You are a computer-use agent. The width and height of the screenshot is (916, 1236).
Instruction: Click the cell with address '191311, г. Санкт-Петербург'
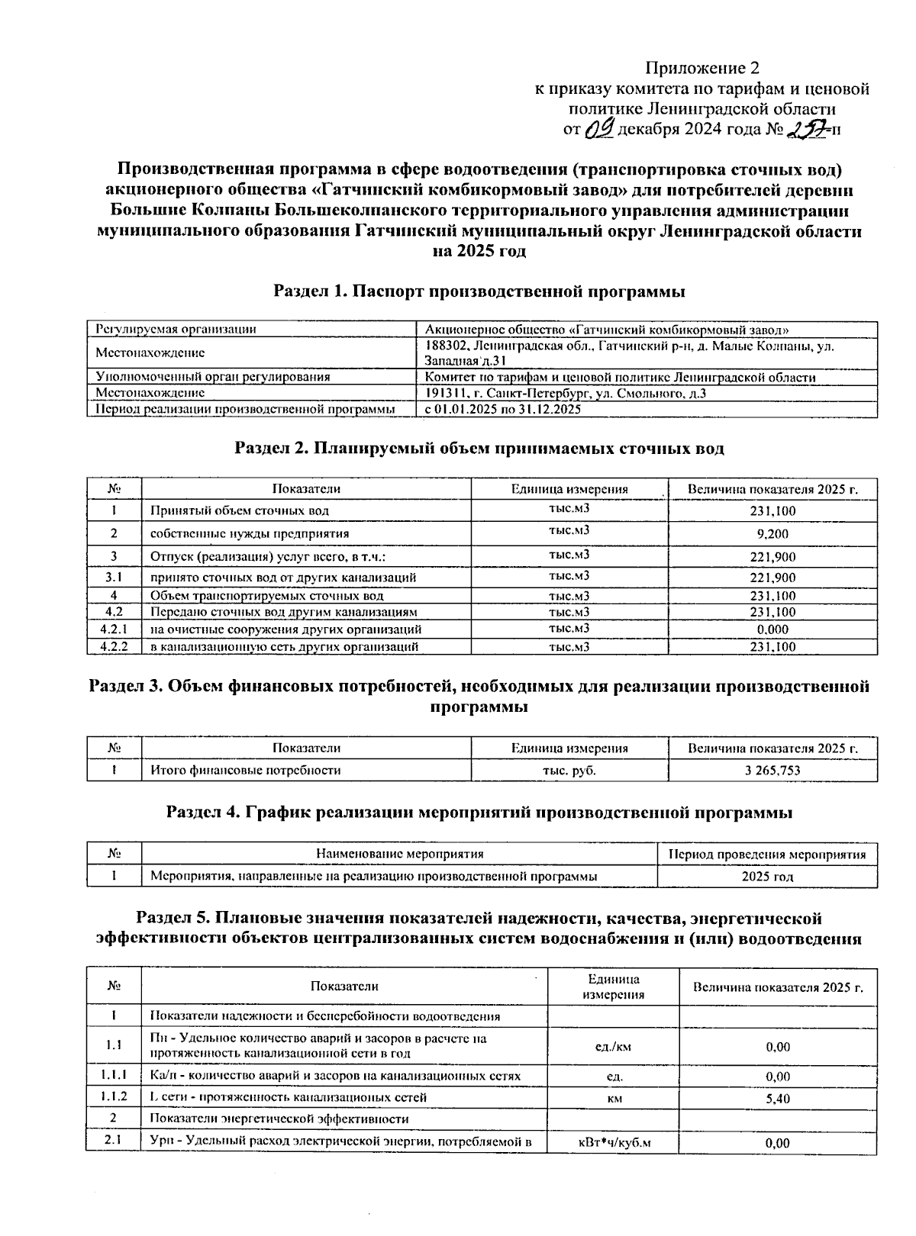tap(565, 393)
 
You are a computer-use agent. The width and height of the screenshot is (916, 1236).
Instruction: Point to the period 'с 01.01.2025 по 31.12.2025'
tap(503, 409)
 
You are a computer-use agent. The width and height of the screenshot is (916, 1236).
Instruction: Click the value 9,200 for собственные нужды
tap(772, 533)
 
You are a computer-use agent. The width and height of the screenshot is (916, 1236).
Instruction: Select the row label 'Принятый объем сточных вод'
tap(240, 510)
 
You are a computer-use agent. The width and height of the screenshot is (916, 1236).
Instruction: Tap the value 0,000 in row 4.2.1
tap(772, 629)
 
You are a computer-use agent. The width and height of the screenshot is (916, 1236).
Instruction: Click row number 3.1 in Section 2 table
tap(114, 578)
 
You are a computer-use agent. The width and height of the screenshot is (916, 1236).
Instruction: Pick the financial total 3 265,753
tap(772, 771)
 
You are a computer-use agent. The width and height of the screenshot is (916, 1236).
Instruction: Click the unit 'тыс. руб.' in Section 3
tap(569, 771)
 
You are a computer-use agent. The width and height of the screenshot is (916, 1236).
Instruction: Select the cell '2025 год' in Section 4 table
tap(767, 876)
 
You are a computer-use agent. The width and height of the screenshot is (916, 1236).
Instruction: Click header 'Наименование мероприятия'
tap(400, 854)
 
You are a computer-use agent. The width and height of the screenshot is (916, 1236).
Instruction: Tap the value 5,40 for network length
tap(778, 1099)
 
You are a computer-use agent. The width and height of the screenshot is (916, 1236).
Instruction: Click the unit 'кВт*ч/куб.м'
tap(613, 1143)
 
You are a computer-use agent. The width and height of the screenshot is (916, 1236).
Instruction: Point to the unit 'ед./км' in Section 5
tap(613, 1047)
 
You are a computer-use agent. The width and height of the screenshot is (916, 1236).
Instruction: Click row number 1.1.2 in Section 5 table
tap(114, 1097)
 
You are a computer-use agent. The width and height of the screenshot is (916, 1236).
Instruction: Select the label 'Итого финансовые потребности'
tap(246, 771)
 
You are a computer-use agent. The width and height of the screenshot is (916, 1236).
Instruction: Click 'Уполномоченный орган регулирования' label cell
tap(213, 377)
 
